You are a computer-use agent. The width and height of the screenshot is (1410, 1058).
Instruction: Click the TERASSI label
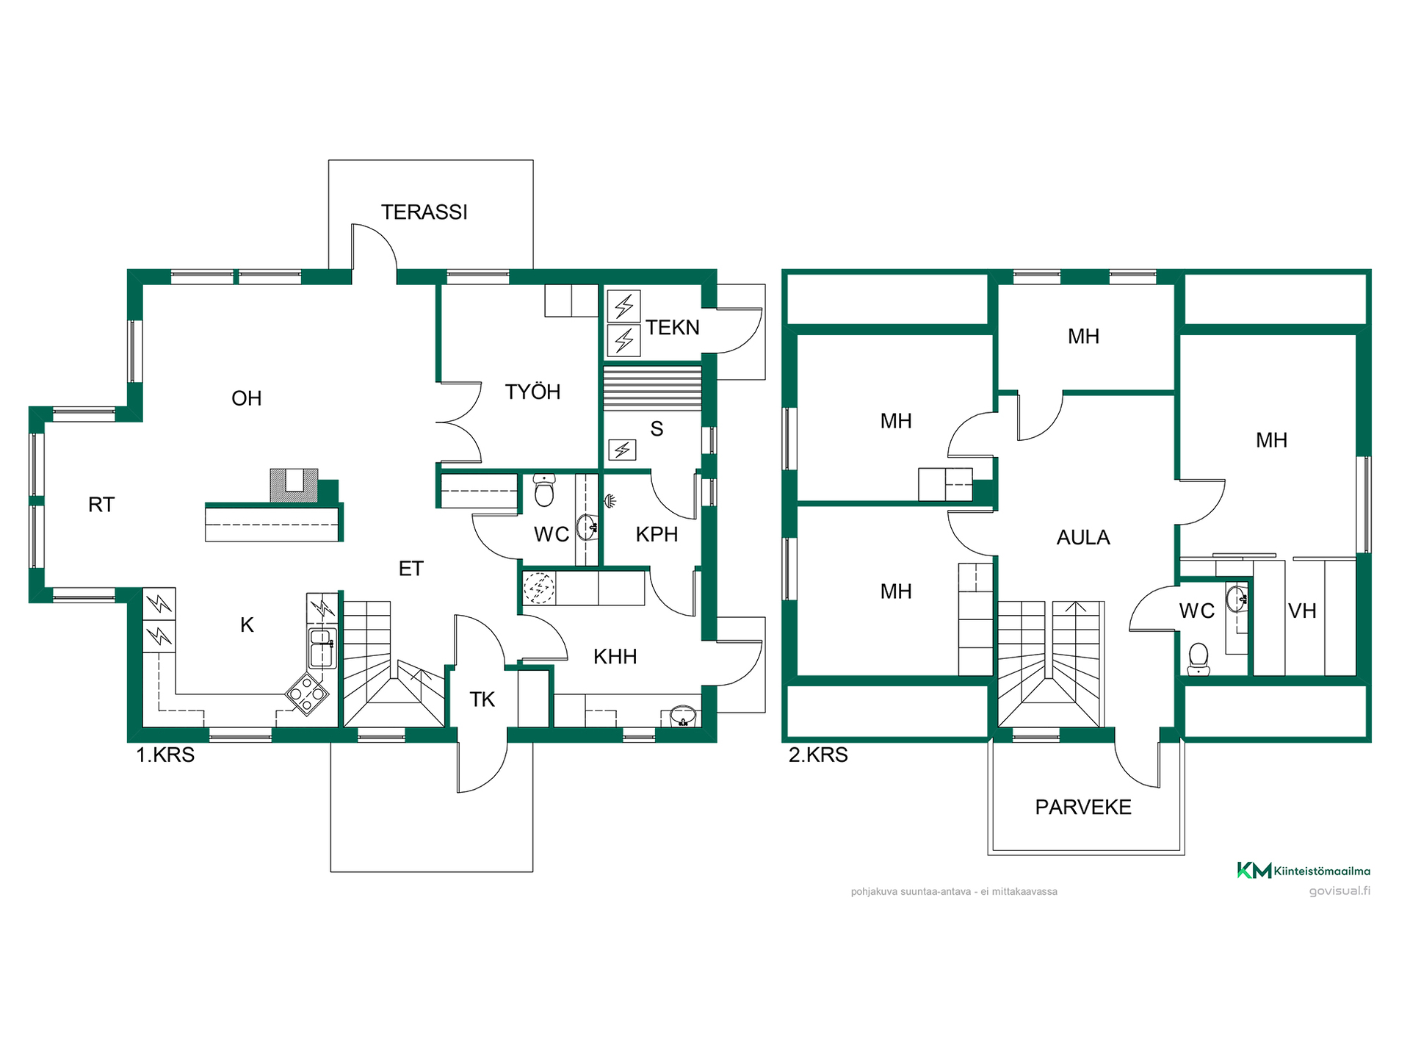424,212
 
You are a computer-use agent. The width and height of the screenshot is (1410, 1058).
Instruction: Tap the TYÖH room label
532,392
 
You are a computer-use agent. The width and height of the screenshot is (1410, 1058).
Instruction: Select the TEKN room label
673,328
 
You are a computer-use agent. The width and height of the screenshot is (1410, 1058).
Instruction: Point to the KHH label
615,657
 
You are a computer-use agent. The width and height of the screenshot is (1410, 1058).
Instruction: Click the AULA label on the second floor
1083,538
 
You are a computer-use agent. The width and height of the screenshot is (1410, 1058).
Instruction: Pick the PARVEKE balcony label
1083,807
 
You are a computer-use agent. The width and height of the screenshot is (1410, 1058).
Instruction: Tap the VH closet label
1302,611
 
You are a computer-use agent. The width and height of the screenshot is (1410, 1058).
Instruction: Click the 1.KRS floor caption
165,755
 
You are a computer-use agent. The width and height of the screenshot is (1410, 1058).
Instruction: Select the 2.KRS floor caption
818,755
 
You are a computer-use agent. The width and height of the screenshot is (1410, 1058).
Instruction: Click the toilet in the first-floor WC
544,491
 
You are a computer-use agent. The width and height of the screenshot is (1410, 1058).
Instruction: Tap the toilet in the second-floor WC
1198,659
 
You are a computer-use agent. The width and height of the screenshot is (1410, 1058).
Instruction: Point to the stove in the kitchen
307,694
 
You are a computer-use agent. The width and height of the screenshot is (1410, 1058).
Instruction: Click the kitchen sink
322,647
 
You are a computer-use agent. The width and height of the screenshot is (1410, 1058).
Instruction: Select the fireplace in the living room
294,486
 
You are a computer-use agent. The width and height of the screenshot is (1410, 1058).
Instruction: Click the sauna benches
652,388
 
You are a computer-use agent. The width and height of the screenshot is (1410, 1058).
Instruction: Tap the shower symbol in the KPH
610,502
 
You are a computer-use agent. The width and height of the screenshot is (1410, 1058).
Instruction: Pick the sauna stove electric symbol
622,450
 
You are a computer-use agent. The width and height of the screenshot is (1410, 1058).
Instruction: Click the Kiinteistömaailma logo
1304,871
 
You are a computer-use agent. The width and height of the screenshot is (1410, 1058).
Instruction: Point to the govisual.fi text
1339,891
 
